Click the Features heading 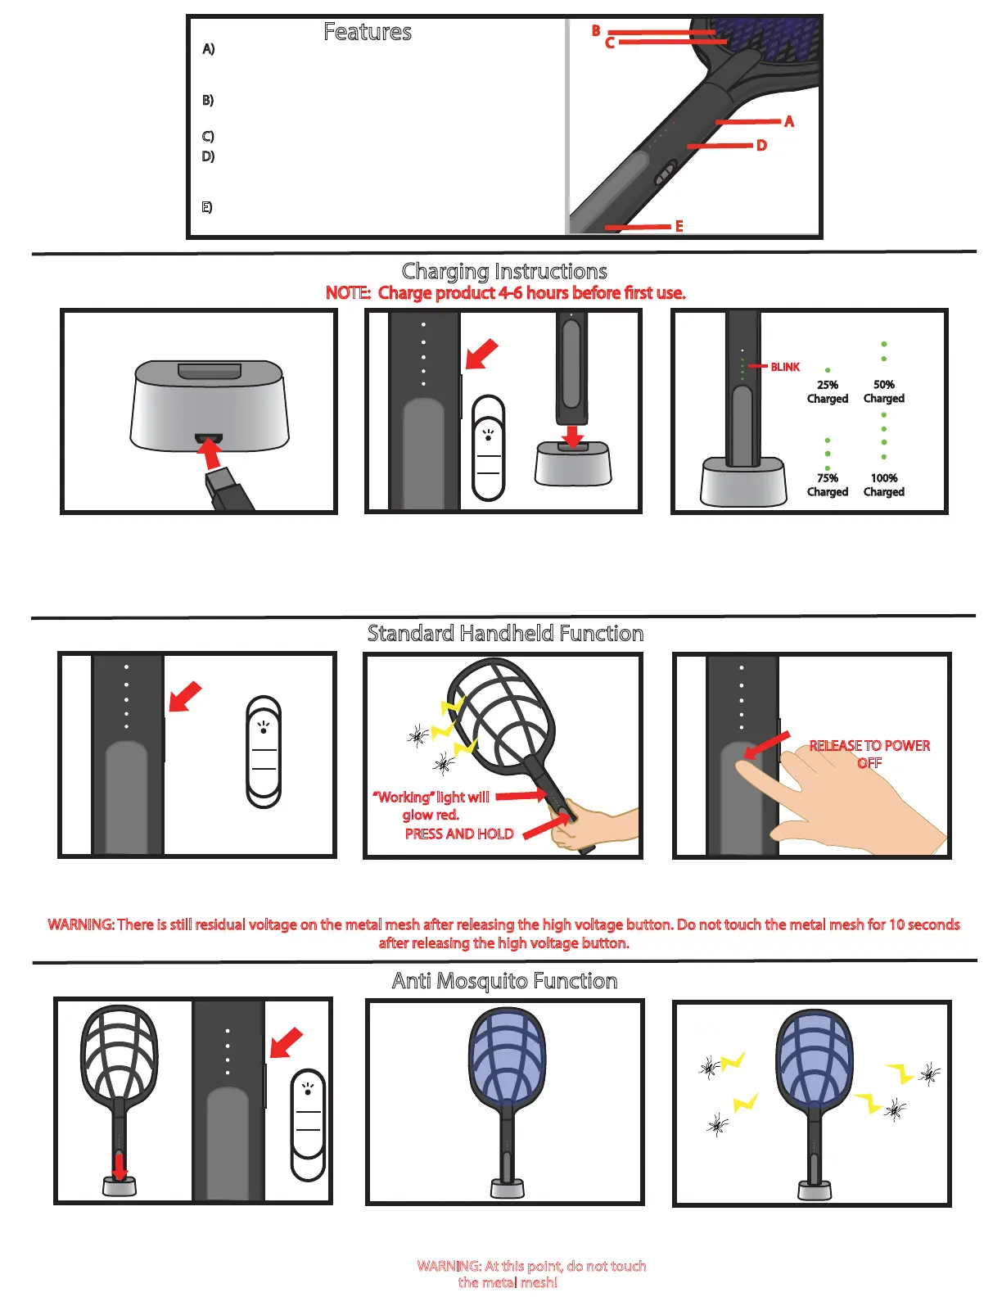(368, 32)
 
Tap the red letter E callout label (679, 226)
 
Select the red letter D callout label (761, 146)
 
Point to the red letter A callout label (788, 121)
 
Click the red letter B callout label (596, 30)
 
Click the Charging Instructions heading (504, 271)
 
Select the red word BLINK (785, 367)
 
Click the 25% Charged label (827, 391)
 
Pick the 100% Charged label (883, 485)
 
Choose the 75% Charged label (827, 485)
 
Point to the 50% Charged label (883, 391)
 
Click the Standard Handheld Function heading (505, 633)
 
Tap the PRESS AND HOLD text (459, 834)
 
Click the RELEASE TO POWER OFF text (869, 753)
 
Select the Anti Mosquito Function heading (504, 981)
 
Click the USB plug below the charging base (228, 490)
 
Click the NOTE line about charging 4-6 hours (505, 293)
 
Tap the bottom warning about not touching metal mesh (531, 1274)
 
